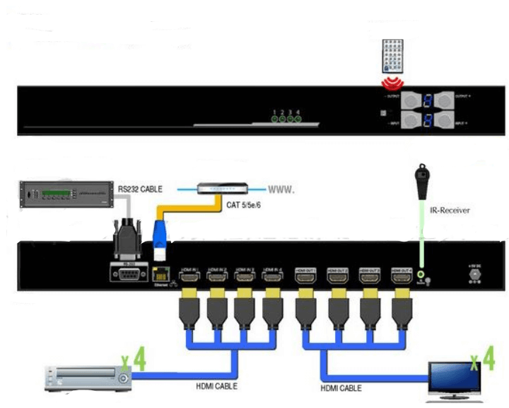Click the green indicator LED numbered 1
(274, 119)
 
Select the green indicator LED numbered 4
(298, 119)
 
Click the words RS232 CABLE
(140, 189)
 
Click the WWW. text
(281, 190)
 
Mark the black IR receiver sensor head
(421, 174)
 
